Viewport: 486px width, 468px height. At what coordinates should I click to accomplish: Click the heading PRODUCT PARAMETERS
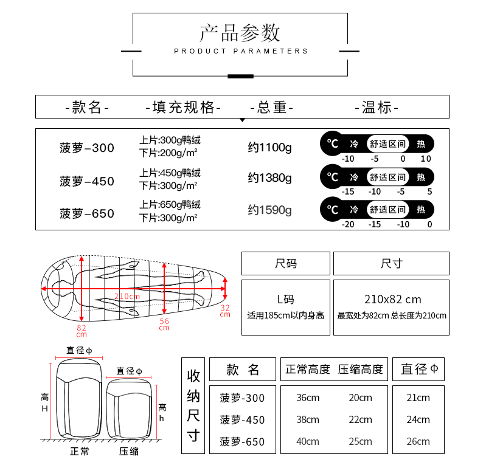point(241,51)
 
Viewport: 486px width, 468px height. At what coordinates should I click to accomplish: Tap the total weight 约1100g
point(269,147)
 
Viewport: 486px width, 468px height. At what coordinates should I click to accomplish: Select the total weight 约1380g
point(269,179)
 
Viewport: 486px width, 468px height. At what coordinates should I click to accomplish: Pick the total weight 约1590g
point(269,210)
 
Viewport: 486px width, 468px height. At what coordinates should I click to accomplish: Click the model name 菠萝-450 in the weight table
point(87,181)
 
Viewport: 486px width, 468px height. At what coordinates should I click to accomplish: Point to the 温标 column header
point(377,108)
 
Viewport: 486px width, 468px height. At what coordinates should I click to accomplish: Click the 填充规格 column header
point(183,108)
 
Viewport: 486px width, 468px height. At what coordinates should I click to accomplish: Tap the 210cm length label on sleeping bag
point(127,296)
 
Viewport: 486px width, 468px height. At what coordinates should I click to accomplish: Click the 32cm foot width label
point(225,311)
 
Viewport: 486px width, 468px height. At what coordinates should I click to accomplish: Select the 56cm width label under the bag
point(164,325)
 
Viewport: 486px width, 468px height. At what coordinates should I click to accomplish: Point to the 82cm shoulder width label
point(82,331)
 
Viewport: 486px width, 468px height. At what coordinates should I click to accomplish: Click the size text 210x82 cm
point(392,300)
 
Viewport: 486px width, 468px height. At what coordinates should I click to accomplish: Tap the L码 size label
point(285,300)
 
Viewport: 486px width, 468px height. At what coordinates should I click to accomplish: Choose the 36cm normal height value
point(307,398)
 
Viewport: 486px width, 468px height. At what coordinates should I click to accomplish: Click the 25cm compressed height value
point(360,442)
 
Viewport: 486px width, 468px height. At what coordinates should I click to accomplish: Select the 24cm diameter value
point(418,420)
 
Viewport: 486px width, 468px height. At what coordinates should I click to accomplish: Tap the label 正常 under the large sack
point(80,452)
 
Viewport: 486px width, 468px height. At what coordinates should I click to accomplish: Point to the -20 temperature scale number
point(348,224)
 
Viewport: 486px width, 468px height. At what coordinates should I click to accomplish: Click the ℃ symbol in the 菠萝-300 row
point(332,143)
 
